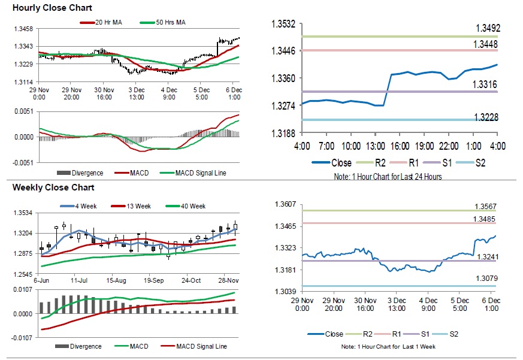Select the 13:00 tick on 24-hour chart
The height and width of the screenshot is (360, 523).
[x=376, y=146]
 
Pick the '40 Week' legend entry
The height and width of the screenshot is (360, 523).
[x=192, y=206]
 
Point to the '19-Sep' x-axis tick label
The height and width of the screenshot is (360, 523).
[x=154, y=280]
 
